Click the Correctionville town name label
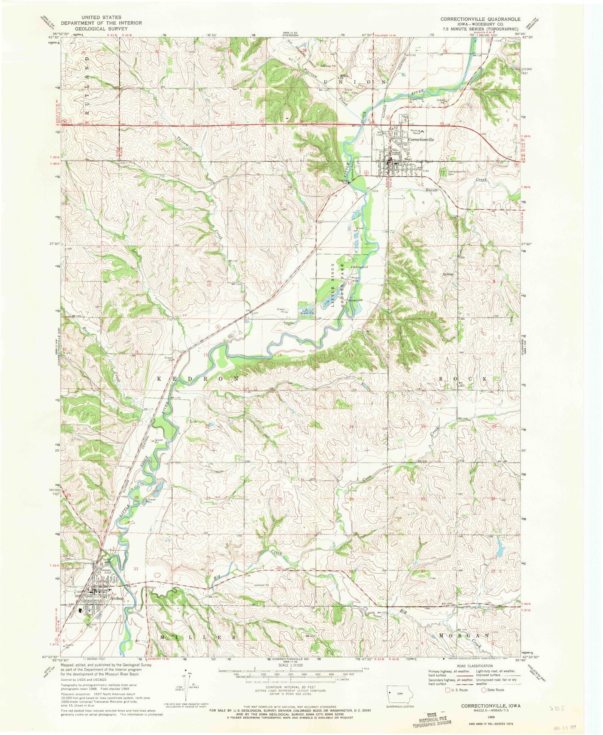point(421,139)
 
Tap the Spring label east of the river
point(447,274)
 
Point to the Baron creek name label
point(431,190)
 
